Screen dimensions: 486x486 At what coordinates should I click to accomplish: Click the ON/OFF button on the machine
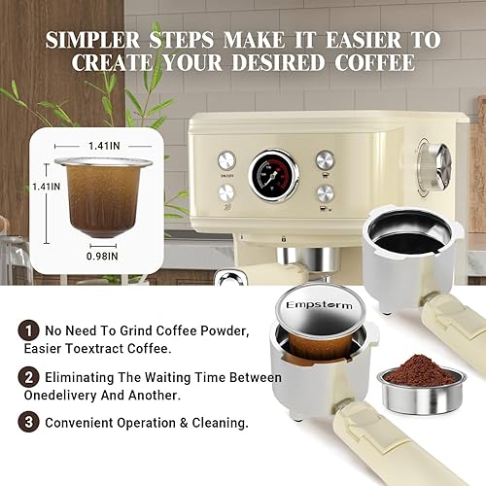click(x=226, y=159)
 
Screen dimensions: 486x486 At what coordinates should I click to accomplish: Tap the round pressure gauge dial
click(x=275, y=175)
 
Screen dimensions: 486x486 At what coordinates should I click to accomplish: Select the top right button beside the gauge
click(x=325, y=159)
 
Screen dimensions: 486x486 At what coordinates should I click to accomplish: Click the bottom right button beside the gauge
click(x=325, y=192)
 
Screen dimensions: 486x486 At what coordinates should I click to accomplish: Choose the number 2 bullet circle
click(x=30, y=377)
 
